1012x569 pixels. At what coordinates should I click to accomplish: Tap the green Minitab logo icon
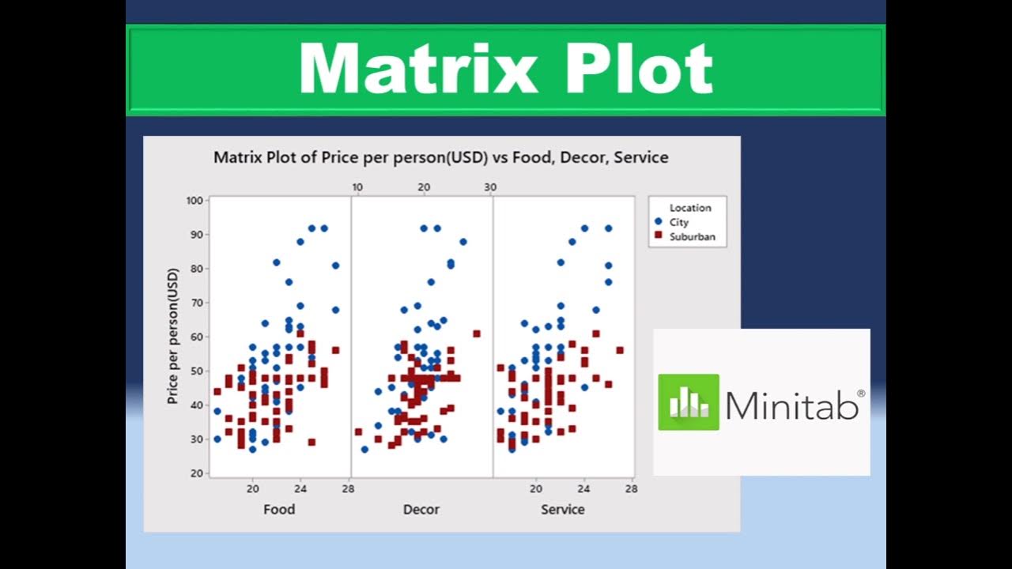689,402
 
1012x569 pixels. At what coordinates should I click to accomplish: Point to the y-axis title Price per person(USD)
173,337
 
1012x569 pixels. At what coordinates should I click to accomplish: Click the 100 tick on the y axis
194,201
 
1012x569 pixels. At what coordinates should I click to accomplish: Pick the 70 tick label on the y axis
196,303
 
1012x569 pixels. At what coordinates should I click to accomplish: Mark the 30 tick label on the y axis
196,439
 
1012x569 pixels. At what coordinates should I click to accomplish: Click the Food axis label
279,510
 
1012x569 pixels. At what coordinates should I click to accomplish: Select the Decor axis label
421,510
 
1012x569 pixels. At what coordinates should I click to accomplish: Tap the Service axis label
562,510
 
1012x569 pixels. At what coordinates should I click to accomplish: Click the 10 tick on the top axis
357,187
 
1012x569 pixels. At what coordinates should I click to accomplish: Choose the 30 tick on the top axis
490,187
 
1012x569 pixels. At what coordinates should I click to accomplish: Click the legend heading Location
690,208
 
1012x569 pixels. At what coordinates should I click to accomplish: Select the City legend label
678,223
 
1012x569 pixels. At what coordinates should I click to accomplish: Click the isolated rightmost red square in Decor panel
477,333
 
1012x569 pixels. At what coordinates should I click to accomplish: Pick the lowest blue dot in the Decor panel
364,449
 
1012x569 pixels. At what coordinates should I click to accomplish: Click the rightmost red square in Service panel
620,350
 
